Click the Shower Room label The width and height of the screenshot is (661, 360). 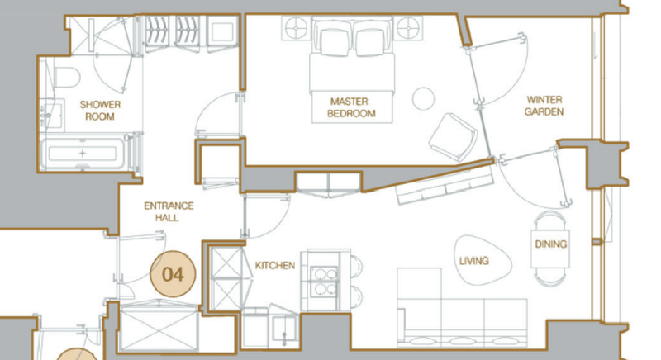pyautogui.click(x=100, y=111)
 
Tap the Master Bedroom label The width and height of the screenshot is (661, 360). pyautogui.click(x=351, y=107)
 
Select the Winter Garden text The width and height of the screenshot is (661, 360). pyautogui.click(x=544, y=106)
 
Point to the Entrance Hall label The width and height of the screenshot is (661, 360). pyautogui.click(x=169, y=211)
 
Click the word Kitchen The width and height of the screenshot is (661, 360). pyautogui.click(x=275, y=265)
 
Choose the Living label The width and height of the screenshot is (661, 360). pyautogui.click(x=473, y=261)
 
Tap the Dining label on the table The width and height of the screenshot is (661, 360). pyautogui.click(x=550, y=244)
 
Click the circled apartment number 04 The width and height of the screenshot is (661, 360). pyautogui.click(x=174, y=274)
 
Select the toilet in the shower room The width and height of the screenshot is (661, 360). pyautogui.click(x=67, y=78)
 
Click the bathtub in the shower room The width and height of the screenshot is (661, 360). pyautogui.click(x=83, y=154)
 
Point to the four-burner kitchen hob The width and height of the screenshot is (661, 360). pyautogui.click(x=324, y=281)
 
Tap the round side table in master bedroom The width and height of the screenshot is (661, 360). pyautogui.click(x=423, y=98)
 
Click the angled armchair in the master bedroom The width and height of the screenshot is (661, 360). pyautogui.click(x=453, y=137)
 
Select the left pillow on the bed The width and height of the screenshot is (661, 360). pyautogui.click(x=335, y=41)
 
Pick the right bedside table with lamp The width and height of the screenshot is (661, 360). pyautogui.click(x=408, y=28)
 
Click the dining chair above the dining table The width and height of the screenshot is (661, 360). pyautogui.click(x=550, y=220)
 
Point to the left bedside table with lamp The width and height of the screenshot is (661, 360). pyautogui.click(x=296, y=28)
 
